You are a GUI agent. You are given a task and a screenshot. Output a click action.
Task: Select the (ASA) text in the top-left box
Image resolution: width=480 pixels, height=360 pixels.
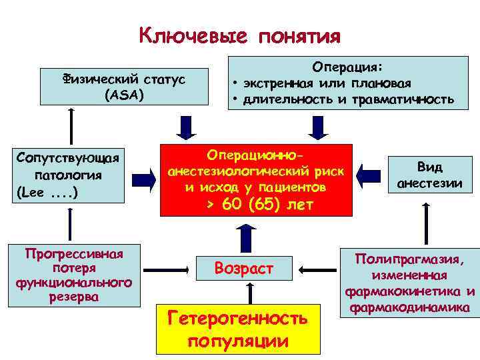coord(123,95)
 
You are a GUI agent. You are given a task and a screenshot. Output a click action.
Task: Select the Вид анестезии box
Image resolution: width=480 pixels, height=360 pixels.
coord(429,175)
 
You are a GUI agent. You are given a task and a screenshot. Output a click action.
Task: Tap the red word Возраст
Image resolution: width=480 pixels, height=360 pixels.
coord(243,269)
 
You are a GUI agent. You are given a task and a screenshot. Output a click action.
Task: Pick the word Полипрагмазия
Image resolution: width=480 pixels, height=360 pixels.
coord(410,259)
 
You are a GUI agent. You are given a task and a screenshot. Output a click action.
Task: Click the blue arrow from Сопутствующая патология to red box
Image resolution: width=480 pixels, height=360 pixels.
coord(145,179)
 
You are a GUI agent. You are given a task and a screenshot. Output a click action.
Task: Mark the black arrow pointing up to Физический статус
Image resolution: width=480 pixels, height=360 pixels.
coord(68,123)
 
